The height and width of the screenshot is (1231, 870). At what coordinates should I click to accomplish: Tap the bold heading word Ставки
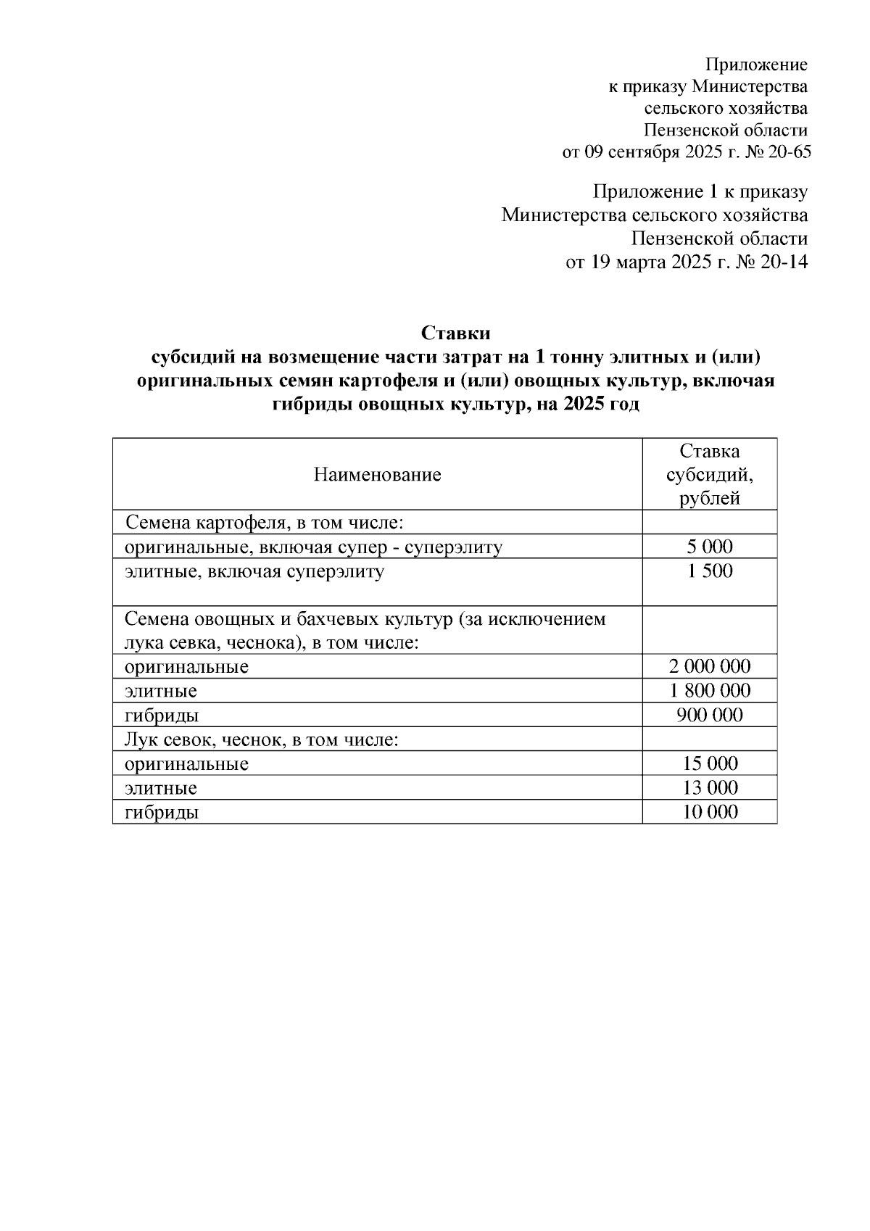coord(456,333)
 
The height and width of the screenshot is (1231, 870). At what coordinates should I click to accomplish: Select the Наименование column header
coord(377,475)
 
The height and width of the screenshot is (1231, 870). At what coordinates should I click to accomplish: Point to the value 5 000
coord(710,547)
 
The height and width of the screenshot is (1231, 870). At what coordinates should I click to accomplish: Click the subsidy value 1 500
coord(710,571)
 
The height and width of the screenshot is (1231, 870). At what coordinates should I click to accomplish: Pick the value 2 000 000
coord(710,666)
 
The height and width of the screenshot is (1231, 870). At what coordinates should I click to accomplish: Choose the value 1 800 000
coord(710,691)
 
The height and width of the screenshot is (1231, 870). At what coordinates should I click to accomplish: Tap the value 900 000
coord(710,716)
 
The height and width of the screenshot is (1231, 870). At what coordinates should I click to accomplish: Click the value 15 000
coord(710,763)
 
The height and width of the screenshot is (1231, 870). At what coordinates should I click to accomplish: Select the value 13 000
coord(710,788)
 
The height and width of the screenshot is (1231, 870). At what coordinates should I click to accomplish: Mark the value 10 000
coord(710,812)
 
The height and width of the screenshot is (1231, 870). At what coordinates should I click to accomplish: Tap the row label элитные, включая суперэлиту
coord(254,571)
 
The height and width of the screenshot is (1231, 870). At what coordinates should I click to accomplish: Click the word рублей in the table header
coord(710,498)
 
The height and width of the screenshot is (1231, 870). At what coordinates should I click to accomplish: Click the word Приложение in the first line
coord(756,65)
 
